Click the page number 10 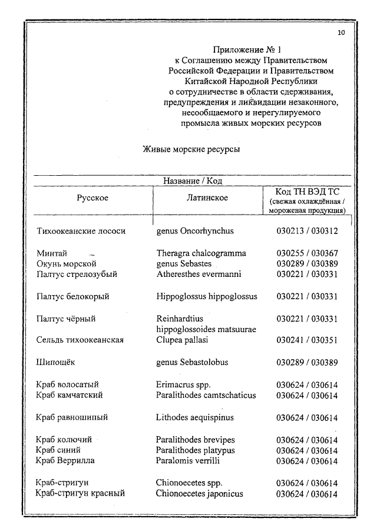pyautogui.click(x=342, y=33)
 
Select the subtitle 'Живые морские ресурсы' pyautogui.click(x=191, y=149)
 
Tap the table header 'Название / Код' pyautogui.click(x=192, y=181)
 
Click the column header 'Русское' pyautogui.click(x=92, y=198)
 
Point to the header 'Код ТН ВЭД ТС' pyautogui.click(x=307, y=192)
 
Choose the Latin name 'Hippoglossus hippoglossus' pyautogui.click(x=207, y=297)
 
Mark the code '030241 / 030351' pyautogui.click(x=307, y=340)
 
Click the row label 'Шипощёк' pyautogui.click(x=55, y=362)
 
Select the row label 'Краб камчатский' pyautogui.click(x=70, y=395)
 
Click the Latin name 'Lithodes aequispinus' pyautogui.click(x=195, y=417)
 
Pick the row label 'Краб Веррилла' pyautogui.click(x=65, y=460)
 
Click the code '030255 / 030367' pyautogui.click(x=307, y=253)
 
